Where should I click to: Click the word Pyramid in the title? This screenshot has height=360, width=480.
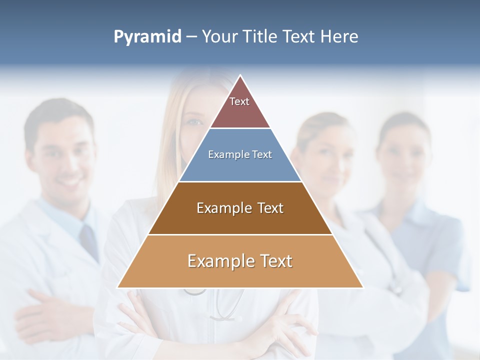coord(147,37)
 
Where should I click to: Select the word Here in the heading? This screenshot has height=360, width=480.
coord(339,36)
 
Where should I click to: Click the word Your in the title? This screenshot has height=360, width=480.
coord(218,36)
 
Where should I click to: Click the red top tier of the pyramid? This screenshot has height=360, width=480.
coord(240,112)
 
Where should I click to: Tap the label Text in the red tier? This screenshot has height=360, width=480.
coord(239,101)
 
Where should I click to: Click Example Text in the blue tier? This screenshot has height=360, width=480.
coord(240,154)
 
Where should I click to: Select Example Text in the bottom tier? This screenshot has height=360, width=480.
coord(240,261)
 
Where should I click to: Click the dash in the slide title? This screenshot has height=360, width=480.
coord(191,37)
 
